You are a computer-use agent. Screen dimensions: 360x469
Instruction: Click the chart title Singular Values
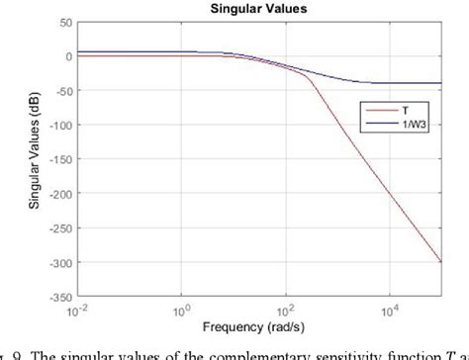(x=257, y=8)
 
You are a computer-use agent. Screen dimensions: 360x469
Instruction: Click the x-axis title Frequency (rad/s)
(x=257, y=326)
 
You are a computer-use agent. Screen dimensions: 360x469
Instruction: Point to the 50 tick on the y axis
(x=63, y=22)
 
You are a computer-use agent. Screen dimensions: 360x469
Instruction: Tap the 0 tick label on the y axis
(x=66, y=56)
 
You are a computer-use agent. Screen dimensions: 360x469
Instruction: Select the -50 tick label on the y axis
(x=61, y=91)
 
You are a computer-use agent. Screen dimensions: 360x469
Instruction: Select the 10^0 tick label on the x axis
(x=181, y=309)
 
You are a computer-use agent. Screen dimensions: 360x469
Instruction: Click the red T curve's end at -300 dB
(x=440, y=262)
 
